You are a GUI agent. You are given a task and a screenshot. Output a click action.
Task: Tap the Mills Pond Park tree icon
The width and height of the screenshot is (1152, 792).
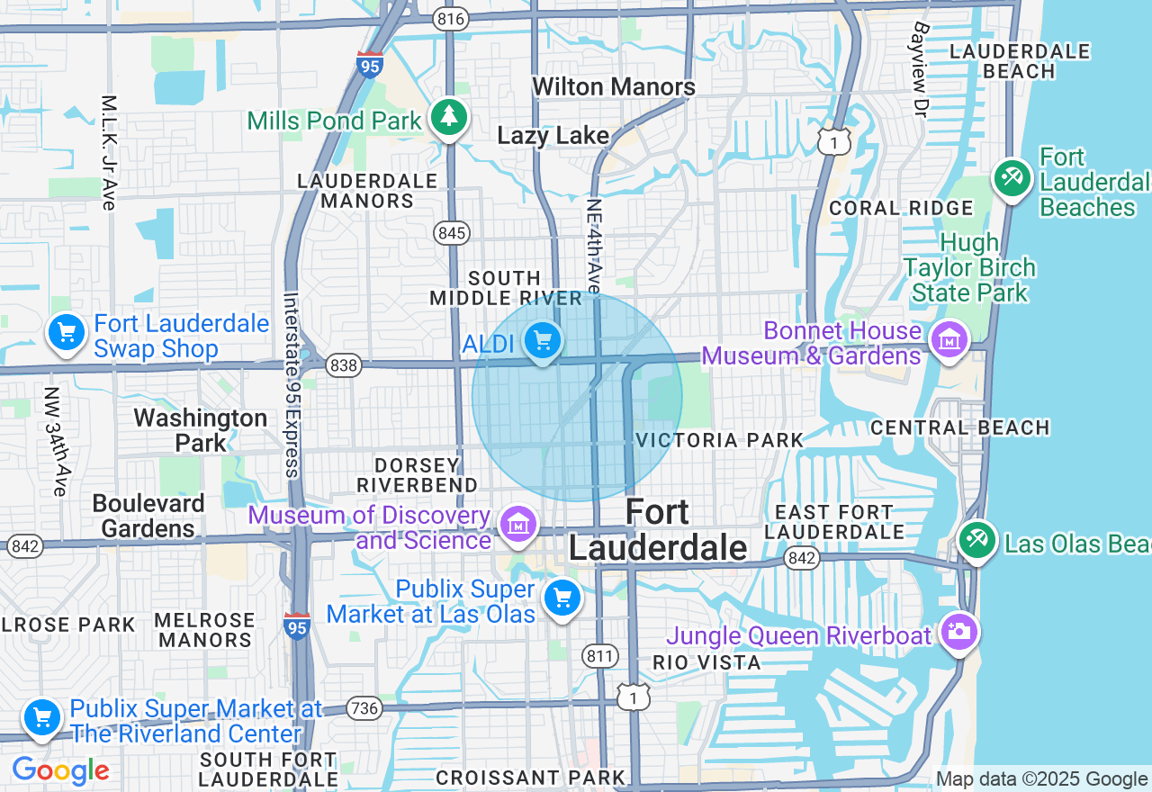pos(448,117)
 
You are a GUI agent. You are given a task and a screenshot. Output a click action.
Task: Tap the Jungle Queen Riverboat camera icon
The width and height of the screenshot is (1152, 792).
pos(959,631)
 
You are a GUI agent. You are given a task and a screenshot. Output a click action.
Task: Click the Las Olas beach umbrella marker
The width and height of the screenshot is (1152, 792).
pos(977,540)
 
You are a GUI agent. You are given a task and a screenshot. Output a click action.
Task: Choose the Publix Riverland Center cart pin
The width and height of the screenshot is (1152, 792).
pos(41,718)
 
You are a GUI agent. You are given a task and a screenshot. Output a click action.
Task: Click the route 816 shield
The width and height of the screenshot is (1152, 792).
pos(448,18)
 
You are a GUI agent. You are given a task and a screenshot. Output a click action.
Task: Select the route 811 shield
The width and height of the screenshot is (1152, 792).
pos(599,655)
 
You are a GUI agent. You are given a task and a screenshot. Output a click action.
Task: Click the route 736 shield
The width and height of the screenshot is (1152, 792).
pos(364,708)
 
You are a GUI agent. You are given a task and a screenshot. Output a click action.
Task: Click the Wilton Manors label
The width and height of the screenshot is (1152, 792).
pos(614,86)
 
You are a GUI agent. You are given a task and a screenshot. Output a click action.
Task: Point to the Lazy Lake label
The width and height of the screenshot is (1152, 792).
pos(553,136)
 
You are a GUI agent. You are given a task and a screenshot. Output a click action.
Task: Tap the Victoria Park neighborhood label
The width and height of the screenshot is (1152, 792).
pos(719,440)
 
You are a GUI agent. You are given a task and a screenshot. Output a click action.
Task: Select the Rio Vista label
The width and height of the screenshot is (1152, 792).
pos(706,663)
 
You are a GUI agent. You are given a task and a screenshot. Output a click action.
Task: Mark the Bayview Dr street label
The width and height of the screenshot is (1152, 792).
pos(919,70)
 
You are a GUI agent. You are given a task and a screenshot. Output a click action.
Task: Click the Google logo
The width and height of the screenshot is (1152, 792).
pos(60,771)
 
